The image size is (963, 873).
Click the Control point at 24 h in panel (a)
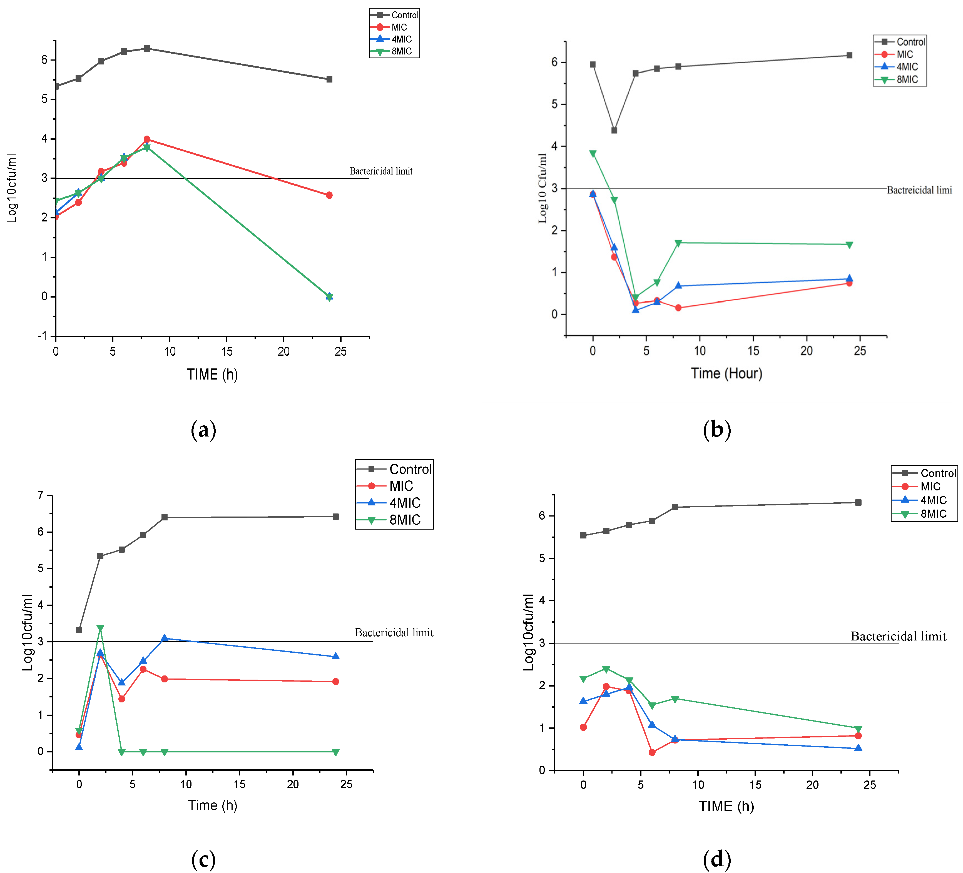pos(329,79)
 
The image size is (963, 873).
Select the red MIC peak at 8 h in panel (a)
pos(147,139)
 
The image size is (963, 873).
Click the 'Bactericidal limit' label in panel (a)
pos(381,171)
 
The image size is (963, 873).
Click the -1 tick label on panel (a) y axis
pos(43,336)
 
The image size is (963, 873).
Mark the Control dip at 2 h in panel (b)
pos(614,130)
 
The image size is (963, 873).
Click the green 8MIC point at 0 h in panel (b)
pos(593,154)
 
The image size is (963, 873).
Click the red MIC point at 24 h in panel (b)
pos(849,283)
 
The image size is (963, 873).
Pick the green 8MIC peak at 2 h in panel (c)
pos(100,628)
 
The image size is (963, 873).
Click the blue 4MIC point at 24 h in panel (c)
pos(335,656)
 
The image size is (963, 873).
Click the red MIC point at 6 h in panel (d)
pos(652,752)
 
